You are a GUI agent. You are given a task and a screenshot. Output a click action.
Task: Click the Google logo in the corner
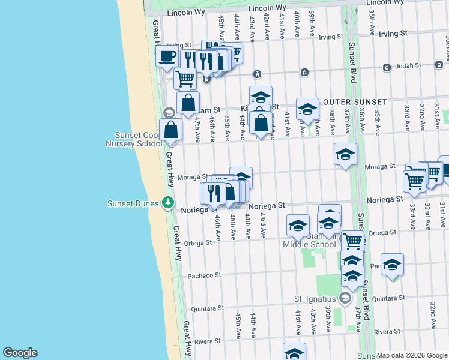pos(20,353)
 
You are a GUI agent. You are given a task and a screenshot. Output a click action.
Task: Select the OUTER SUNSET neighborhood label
pos(354,102)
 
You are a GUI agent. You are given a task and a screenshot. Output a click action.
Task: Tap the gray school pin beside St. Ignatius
pos(345,298)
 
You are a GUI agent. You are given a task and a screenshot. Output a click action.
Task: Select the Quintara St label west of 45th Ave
pos(207,308)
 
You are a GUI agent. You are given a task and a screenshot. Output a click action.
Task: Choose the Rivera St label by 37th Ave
pos(387,331)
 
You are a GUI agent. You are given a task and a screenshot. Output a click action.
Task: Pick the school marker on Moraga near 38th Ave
pos(345,155)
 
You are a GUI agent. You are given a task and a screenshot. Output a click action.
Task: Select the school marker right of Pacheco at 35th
pos(392,265)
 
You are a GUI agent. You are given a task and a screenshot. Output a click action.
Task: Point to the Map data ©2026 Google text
pos(412,355)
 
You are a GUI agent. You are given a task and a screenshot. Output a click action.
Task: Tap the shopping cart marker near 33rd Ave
pos(415,181)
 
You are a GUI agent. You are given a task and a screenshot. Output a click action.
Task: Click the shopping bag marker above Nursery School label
pos(171,129)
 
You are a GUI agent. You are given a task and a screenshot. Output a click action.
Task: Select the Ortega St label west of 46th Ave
pos(197,243)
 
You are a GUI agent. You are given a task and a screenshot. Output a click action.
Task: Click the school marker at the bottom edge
pos(294,352)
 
